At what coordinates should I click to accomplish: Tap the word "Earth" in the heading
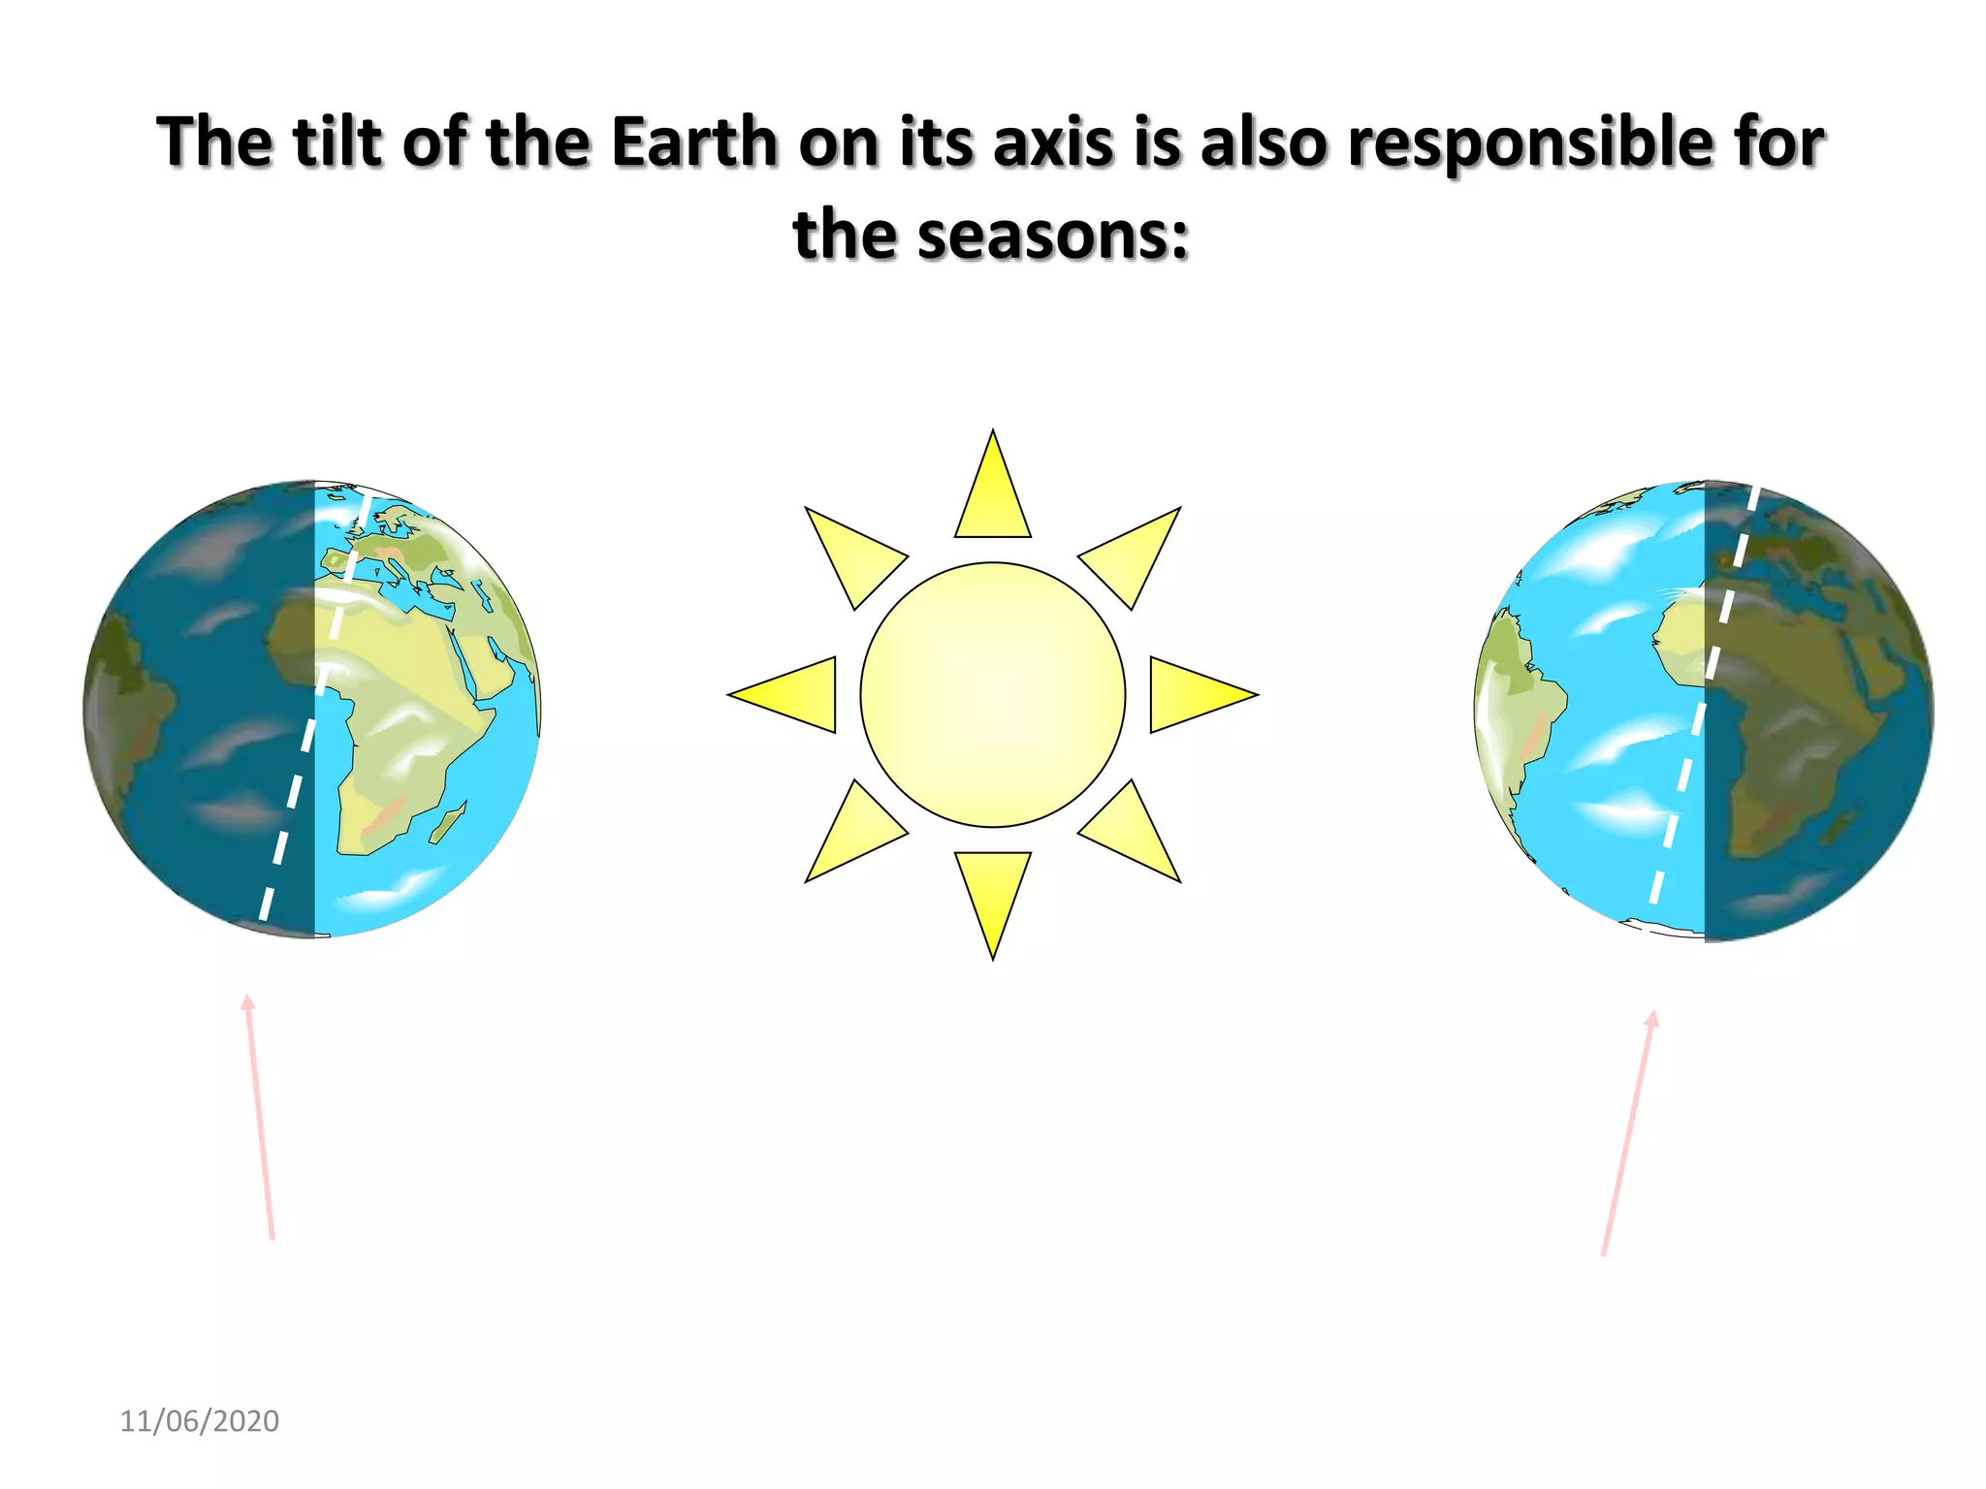pyautogui.click(x=694, y=143)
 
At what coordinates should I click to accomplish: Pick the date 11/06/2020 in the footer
pyautogui.click(x=199, y=1421)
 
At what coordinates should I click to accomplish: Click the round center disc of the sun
pyautogui.click(x=993, y=695)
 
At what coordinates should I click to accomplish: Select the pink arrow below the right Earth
pyautogui.click(x=1629, y=1134)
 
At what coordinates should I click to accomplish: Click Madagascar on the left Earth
pyautogui.click(x=448, y=824)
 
